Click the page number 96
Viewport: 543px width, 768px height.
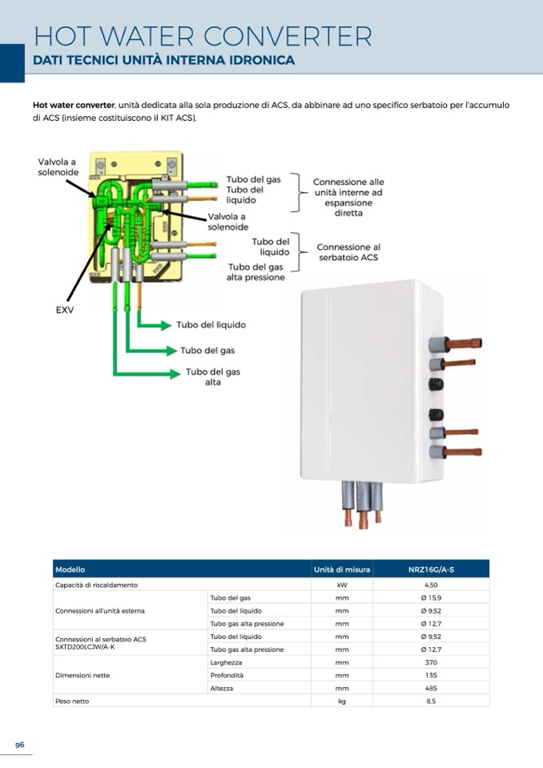pos(20,745)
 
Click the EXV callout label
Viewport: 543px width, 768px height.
pos(64,310)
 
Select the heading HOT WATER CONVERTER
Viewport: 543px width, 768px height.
pos(203,37)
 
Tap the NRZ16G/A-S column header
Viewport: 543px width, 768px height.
pos(431,569)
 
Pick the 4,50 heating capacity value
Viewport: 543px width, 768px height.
pos(431,585)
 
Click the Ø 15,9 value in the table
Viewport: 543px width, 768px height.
pos(431,598)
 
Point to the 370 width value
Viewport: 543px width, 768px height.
pos(431,662)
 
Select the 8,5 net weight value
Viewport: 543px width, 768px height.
pos(431,701)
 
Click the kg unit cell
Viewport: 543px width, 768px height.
pos(342,701)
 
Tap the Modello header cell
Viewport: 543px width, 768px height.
pos(70,569)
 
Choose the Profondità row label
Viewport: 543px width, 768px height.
pos(227,675)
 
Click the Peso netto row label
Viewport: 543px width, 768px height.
pos(72,701)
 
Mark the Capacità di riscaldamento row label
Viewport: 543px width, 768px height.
pos(90,585)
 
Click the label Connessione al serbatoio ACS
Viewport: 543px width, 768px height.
pos(348,252)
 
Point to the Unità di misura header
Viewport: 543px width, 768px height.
pos(342,569)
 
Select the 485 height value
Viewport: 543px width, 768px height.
pos(431,688)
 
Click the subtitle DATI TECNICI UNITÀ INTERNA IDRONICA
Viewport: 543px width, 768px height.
pos(164,61)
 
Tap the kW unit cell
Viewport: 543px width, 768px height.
pos(342,585)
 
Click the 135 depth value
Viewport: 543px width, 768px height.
pos(431,675)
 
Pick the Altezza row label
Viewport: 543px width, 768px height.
pos(222,688)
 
